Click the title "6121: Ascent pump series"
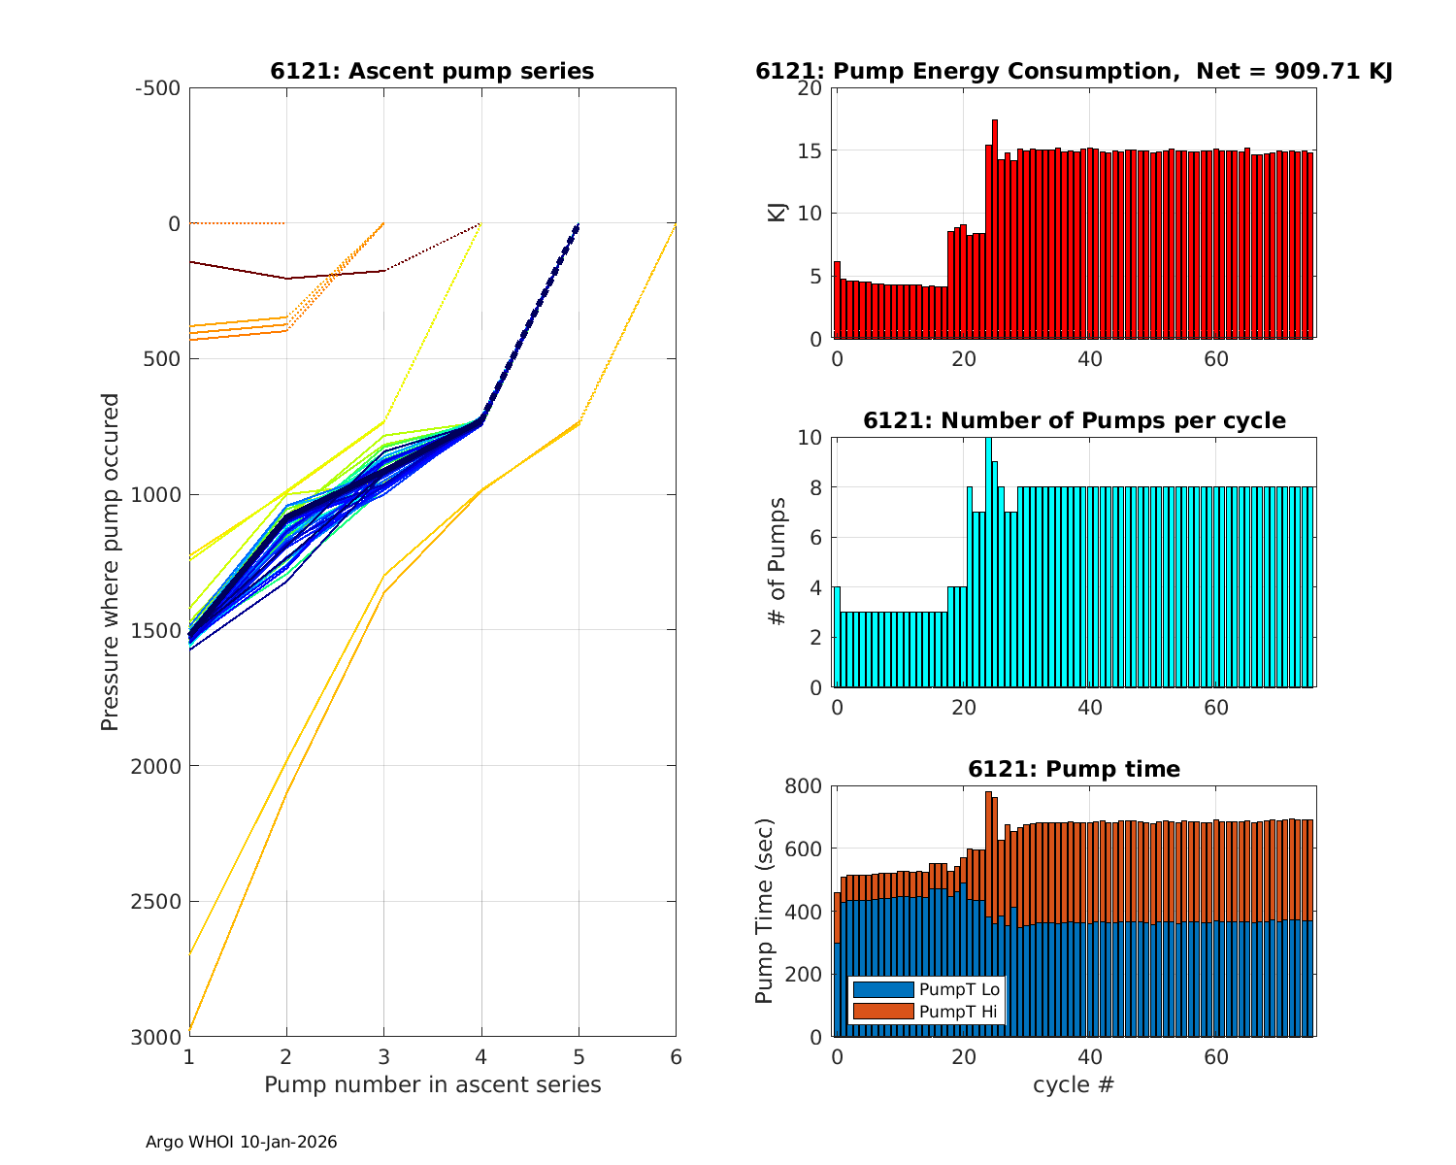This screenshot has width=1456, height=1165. point(432,72)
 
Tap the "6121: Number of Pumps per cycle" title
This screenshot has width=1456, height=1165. point(1075,421)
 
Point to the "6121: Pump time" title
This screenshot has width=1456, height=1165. point(1075,770)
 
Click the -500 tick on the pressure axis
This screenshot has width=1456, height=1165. point(158,88)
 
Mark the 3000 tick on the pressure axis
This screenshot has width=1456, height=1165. point(156,1037)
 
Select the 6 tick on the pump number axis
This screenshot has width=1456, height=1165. point(676,1057)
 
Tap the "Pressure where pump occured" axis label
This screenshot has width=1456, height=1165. point(111,562)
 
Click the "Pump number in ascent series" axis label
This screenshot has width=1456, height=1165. point(433,1084)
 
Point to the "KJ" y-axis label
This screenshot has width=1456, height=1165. point(778,213)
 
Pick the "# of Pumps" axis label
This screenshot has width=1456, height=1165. point(778,562)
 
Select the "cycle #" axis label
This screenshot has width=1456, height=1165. point(1074,1084)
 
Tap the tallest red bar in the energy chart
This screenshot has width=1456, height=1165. point(995,229)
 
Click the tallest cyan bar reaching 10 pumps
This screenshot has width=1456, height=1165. point(988,563)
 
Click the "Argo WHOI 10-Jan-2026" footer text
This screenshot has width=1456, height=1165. point(242,1143)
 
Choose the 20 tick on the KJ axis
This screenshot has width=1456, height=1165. point(811,88)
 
